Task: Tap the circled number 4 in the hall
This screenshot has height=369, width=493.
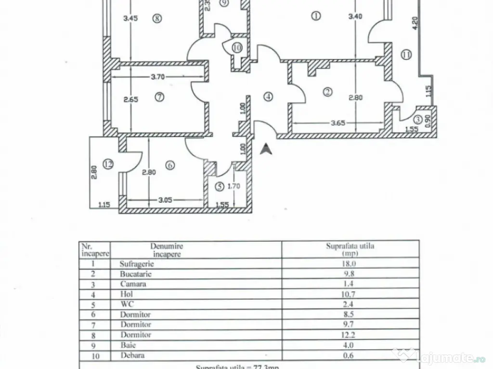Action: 268,96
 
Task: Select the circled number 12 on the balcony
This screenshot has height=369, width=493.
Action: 109,164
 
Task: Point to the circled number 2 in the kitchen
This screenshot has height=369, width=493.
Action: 328,91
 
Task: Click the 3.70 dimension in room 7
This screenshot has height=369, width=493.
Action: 159,76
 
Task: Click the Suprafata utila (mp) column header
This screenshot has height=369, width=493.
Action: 350,249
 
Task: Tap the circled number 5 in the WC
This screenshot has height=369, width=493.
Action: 219,185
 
